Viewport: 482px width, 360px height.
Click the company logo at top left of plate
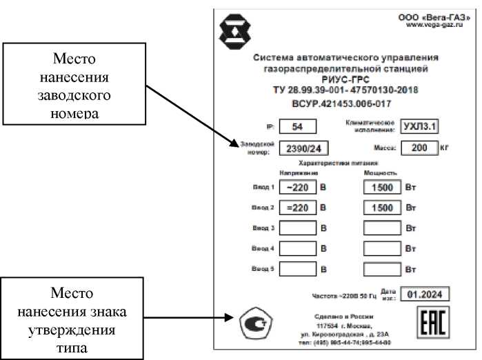(x=232, y=30)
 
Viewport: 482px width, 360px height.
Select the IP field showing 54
(x=298, y=126)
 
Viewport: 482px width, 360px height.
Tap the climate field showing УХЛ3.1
(x=420, y=126)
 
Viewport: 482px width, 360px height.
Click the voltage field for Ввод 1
(x=298, y=187)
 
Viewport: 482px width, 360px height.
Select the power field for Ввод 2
(x=381, y=207)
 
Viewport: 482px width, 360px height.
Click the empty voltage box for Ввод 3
(x=298, y=228)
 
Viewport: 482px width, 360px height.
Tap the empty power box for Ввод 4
(x=381, y=248)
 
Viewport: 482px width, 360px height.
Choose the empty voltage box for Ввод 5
(x=298, y=268)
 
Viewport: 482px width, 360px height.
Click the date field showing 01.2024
(x=425, y=295)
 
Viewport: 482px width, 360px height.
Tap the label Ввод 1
(x=263, y=188)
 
